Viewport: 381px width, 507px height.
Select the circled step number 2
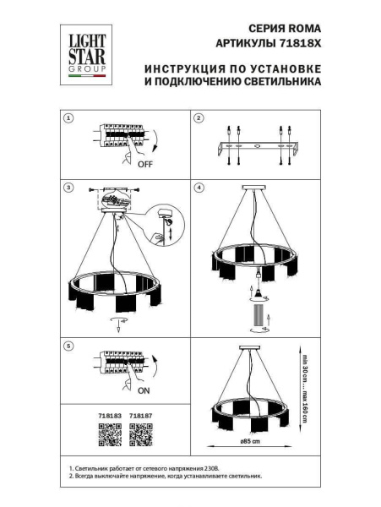pyautogui.click(x=199, y=118)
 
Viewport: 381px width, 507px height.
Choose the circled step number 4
pyautogui.click(x=199, y=187)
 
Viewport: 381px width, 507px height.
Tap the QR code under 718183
pyautogui.click(x=110, y=434)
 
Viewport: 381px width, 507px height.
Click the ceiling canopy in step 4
pyautogui.click(x=253, y=187)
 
